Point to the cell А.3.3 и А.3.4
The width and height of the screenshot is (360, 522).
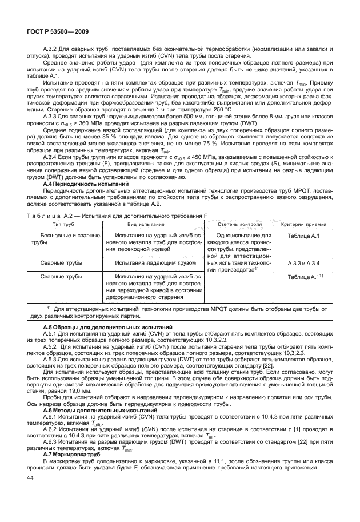(303, 262)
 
